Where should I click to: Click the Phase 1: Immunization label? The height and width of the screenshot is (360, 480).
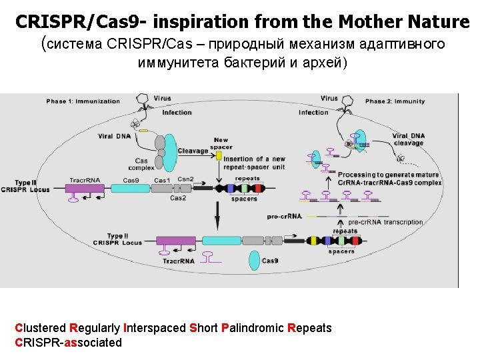coord(83,101)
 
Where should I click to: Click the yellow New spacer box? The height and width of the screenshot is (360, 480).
coord(219,155)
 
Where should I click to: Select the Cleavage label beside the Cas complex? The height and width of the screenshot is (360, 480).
coord(193,151)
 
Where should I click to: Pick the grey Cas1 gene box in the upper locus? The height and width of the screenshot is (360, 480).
coord(162,189)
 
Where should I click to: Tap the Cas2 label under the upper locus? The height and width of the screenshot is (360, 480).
coord(178,198)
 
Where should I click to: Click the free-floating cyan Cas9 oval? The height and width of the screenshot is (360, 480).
coord(254,260)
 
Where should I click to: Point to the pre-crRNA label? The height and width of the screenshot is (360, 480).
coord(285,216)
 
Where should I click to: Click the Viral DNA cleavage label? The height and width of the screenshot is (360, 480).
coord(408,139)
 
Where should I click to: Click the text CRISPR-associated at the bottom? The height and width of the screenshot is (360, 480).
coord(68,343)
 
